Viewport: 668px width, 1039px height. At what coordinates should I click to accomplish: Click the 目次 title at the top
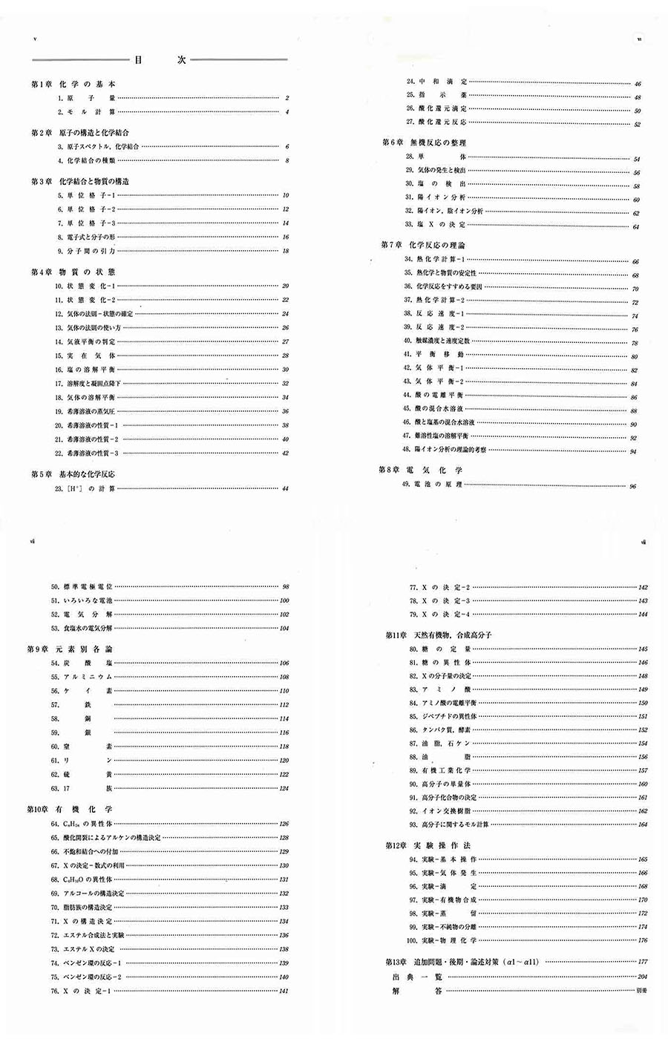coord(160,60)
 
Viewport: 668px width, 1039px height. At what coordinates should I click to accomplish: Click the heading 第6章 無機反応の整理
coord(423,142)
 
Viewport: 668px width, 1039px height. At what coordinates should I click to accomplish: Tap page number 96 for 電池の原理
coord(632,486)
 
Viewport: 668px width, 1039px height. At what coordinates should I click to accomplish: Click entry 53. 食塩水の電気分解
coord(82,629)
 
